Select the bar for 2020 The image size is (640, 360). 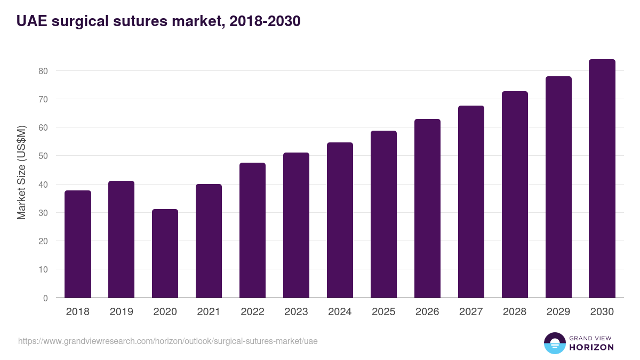(165, 253)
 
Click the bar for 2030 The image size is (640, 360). (602, 179)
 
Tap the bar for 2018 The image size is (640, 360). (78, 244)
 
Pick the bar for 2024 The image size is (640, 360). (340, 220)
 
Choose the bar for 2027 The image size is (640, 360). (471, 202)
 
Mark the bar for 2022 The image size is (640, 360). (252, 230)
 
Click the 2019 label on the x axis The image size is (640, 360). (121, 312)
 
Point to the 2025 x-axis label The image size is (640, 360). (383, 312)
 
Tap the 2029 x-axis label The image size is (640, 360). (558, 312)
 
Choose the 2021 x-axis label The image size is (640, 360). (209, 312)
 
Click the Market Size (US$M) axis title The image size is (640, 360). (21, 172)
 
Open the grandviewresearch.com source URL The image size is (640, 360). (168, 341)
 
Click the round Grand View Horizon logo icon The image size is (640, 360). (554, 343)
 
